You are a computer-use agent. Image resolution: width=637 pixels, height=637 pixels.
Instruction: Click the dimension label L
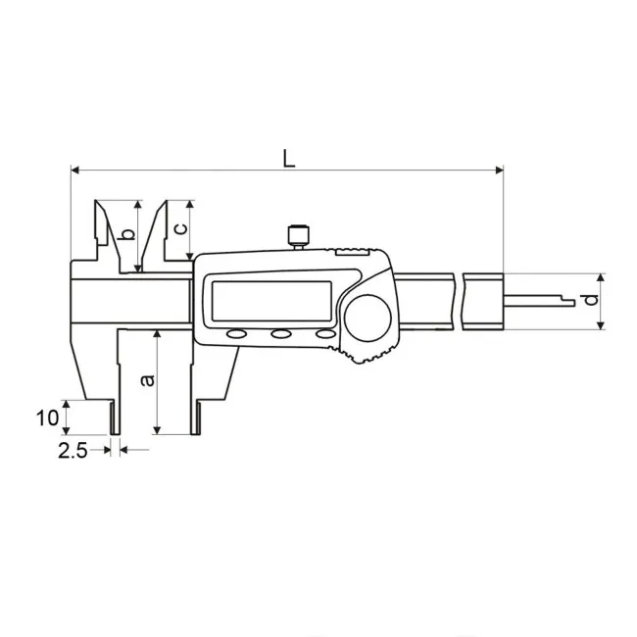pos(289,159)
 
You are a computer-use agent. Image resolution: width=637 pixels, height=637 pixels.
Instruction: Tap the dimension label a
pos(147,380)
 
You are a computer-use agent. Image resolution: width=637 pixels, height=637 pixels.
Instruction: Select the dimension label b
pos(128,234)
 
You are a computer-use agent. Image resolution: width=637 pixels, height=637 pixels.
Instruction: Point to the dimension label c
pos(180,228)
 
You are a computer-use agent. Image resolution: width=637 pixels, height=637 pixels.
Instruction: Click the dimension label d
pos(592,300)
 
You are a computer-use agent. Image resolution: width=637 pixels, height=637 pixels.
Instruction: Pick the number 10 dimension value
pos(48,417)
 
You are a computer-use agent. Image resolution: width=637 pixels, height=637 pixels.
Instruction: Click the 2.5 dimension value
pos(73,451)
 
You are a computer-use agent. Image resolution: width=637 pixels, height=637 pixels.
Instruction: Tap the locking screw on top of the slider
pos(299,237)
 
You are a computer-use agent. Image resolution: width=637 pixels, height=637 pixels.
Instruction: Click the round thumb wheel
pos(367,318)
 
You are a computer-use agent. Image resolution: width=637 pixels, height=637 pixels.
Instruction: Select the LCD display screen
pos(271,301)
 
